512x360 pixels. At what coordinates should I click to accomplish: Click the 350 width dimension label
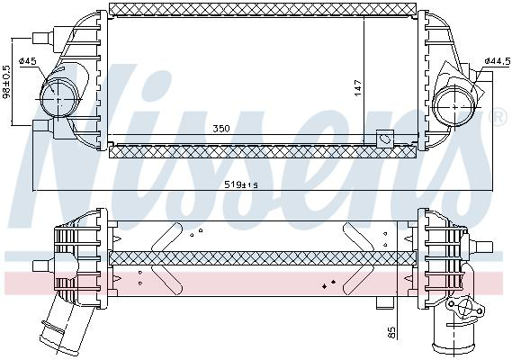tap(221, 129)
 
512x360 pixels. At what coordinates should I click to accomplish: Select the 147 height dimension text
tap(357, 88)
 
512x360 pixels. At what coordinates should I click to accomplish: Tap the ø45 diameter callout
tap(28, 61)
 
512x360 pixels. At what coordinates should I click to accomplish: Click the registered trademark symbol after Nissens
tap(497, 117)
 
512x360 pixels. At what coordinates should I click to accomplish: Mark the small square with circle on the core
tap(383, 139)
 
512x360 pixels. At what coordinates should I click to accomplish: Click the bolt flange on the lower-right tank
tap(467, 312)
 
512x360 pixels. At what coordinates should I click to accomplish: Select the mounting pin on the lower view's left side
tap(40, 265)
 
